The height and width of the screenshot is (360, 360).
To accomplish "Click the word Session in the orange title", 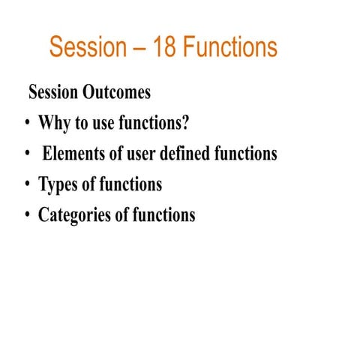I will [x=88, y=47].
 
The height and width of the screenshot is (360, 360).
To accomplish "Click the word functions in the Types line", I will [x=130, y=184].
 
